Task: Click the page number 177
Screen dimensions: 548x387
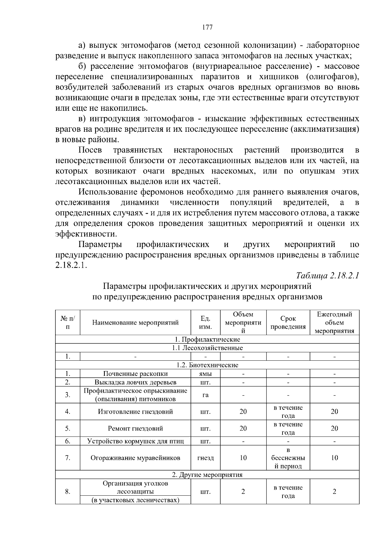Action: click(207, 27)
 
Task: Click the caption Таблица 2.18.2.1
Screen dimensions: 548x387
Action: click(328, 276)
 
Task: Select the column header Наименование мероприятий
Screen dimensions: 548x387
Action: click(135, 323)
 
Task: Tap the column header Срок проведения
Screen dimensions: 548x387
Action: click(288, 323)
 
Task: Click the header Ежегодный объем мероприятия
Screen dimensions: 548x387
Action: click(334, 323)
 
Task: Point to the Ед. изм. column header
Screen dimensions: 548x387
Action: click(205, 323)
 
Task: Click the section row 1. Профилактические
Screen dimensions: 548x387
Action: click(207, 339)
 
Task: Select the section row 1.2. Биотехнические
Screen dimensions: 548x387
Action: click(207, 365)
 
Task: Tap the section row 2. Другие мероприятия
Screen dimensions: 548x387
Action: click(207, 475)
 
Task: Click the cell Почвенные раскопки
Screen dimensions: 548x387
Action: click(135, 374)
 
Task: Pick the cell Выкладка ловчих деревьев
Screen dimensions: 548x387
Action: click(135, 382)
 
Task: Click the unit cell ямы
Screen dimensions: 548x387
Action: click(205, 374)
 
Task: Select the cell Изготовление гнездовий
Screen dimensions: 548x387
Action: click(135, 412)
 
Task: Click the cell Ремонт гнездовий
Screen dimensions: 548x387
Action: click(135, 429)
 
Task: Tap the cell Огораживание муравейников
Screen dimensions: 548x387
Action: click(135, 458)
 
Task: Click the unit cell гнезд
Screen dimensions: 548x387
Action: click(205, 458)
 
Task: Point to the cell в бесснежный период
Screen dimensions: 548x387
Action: click(288, 458)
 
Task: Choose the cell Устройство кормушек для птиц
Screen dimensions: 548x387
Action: click(135, 441)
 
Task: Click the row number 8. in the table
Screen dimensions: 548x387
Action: click(68, 492)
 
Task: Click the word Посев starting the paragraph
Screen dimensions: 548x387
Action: click(90, 150)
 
